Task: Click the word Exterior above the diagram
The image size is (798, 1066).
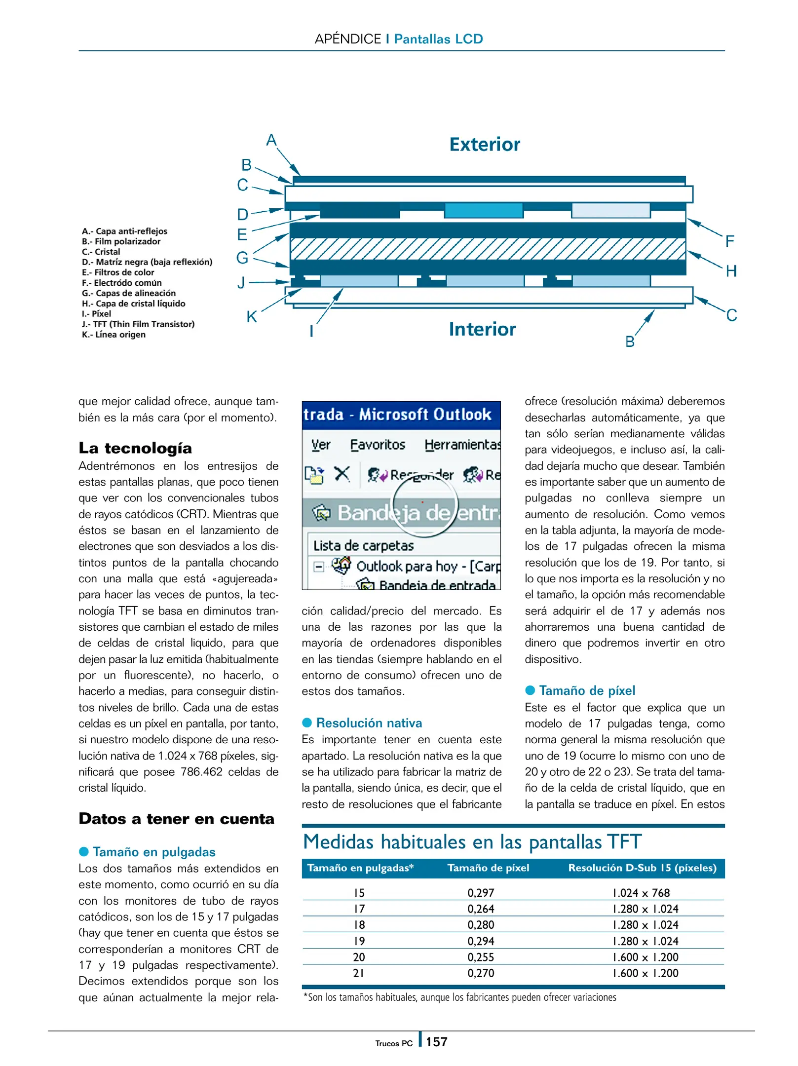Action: (x=484, y=145)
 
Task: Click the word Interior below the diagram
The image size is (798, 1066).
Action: (x=482, y=329)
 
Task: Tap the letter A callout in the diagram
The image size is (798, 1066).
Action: (x=271, y=140)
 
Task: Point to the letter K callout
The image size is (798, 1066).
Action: (x=252, y=317)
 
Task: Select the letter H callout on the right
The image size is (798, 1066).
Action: (x=731, y=271)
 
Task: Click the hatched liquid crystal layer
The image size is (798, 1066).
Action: (x=487, y=249)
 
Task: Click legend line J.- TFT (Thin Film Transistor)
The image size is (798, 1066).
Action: (x=138, y=324)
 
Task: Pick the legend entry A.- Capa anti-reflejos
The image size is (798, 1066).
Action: (x=124, y=231)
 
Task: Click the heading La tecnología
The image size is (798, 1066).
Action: (x=135, y=448)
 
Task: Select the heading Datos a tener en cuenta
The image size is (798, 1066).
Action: (x=176, y=819)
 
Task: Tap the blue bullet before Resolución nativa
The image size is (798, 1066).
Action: (x=307, y=723)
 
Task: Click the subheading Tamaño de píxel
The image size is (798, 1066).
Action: (x=586, y=690)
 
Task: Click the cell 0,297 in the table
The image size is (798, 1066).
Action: (x=481, y=893)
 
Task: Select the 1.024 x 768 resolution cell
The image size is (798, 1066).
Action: (x=641, y=893)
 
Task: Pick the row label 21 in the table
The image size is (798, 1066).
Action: (x=359, y=973)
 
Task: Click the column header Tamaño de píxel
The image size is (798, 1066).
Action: (x=488, y=868)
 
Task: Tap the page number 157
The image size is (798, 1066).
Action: (x=436, y=1042)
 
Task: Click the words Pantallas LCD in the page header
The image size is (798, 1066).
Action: (x=438, y=39)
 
